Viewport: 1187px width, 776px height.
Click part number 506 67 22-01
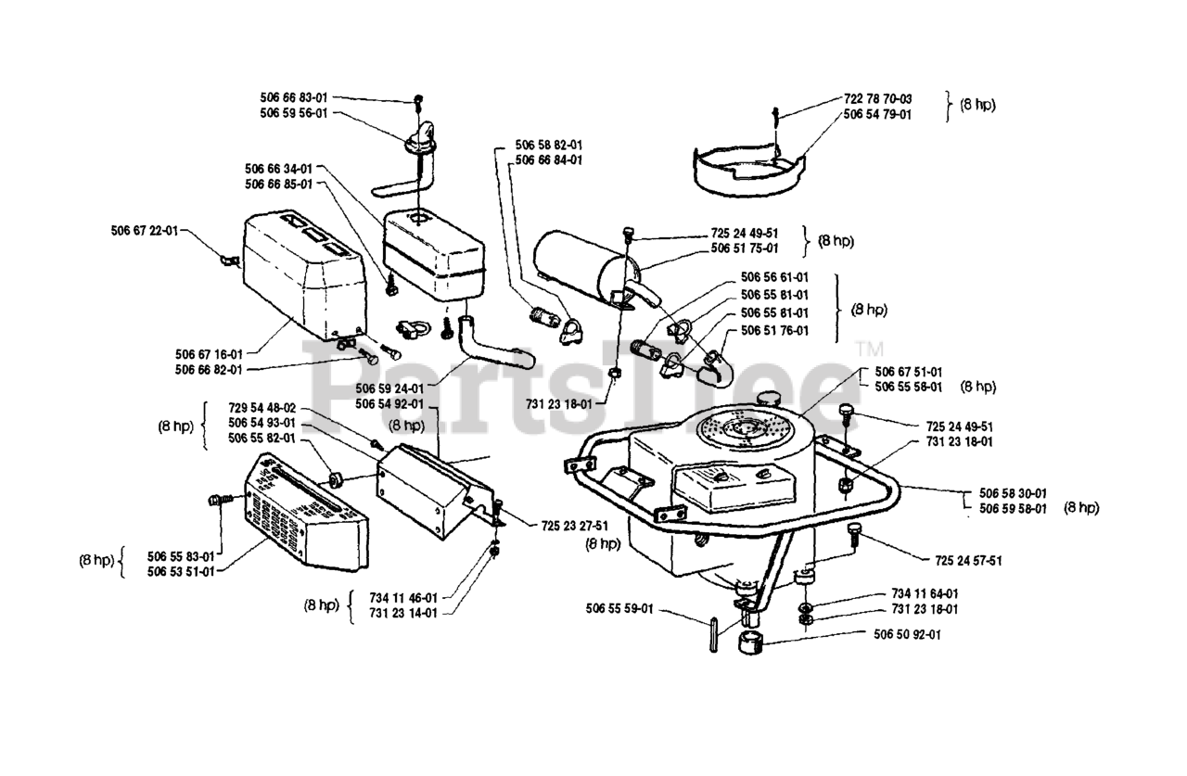[x=144, y=231]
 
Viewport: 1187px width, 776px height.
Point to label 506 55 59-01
[x=619, y=609]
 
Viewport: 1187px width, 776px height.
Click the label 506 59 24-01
[x=390, y=389]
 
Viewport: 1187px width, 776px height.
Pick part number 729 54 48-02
[x=262, y=408]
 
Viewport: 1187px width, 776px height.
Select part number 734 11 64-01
[x=925, y=593]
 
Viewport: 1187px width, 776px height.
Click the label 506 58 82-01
[x=549, y=146]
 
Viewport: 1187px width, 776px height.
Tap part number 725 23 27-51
[x=575, y=525]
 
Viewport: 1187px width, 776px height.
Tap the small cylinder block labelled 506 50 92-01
[x=753, y=642]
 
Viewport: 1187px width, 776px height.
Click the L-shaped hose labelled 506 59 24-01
[x=491, y=342]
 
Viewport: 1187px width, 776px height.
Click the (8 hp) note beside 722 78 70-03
[x=976, y=105]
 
